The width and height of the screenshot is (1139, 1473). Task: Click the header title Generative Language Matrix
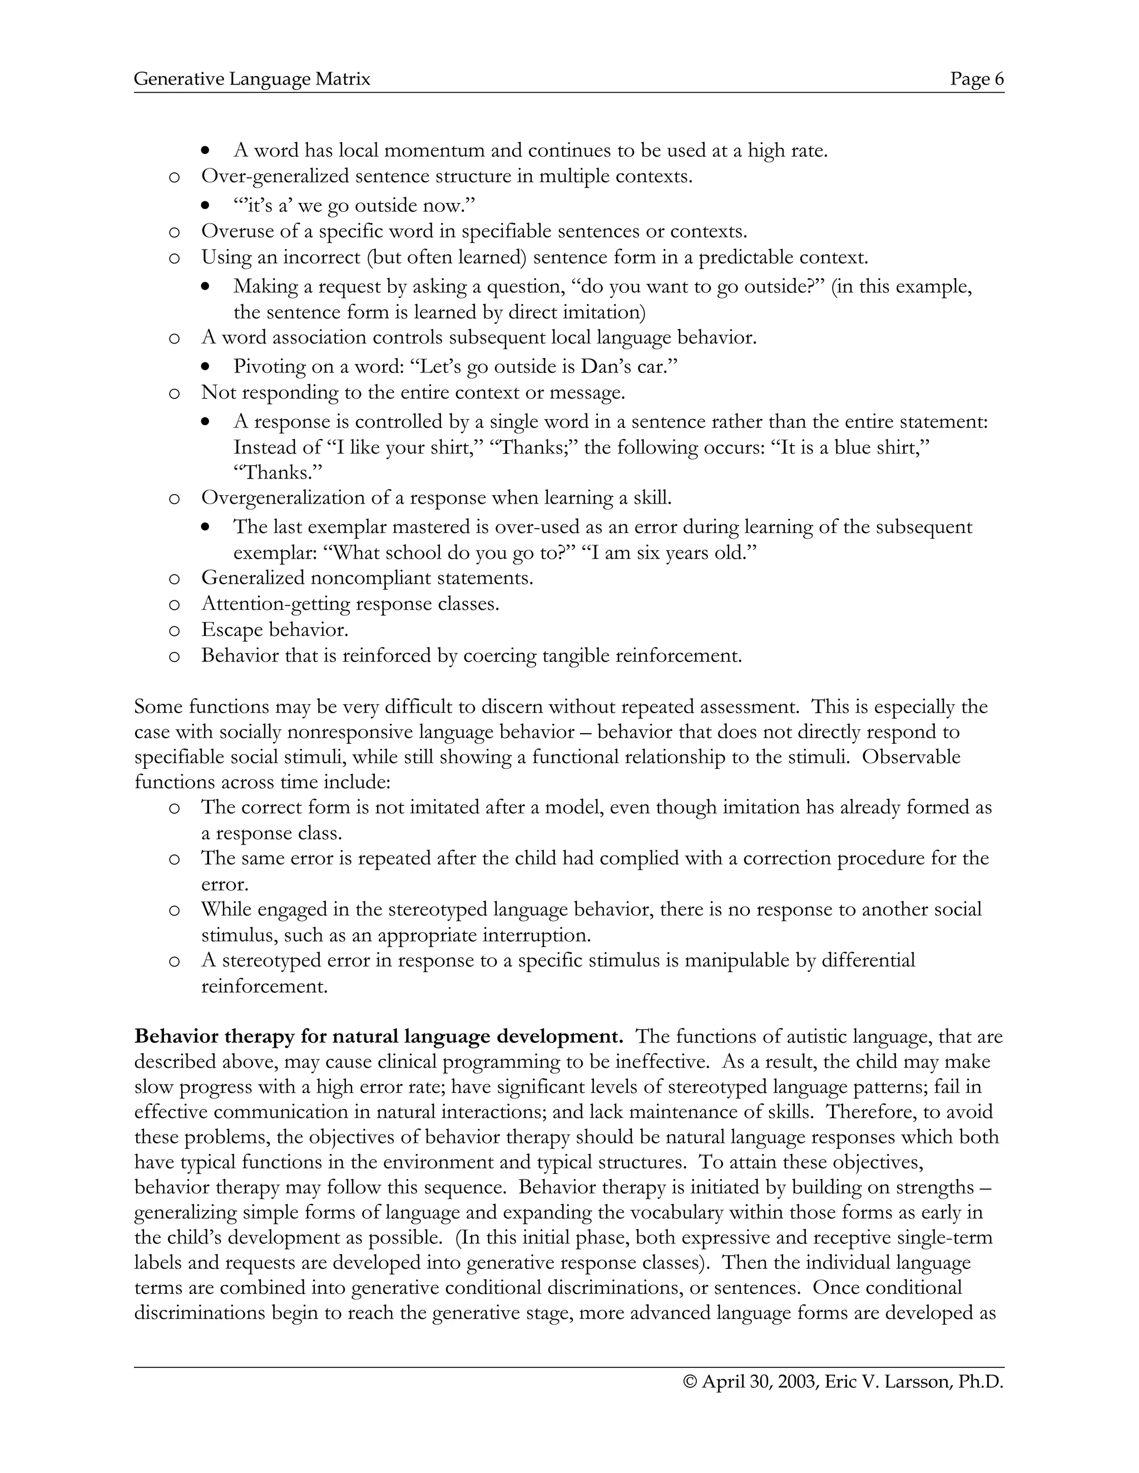point(252,79)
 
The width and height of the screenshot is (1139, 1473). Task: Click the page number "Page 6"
point(977,79)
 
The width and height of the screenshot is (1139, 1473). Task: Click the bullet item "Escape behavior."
point(275,630)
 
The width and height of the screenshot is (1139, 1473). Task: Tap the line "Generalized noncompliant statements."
point(367,578)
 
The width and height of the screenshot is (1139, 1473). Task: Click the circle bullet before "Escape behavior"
point(174,631)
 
